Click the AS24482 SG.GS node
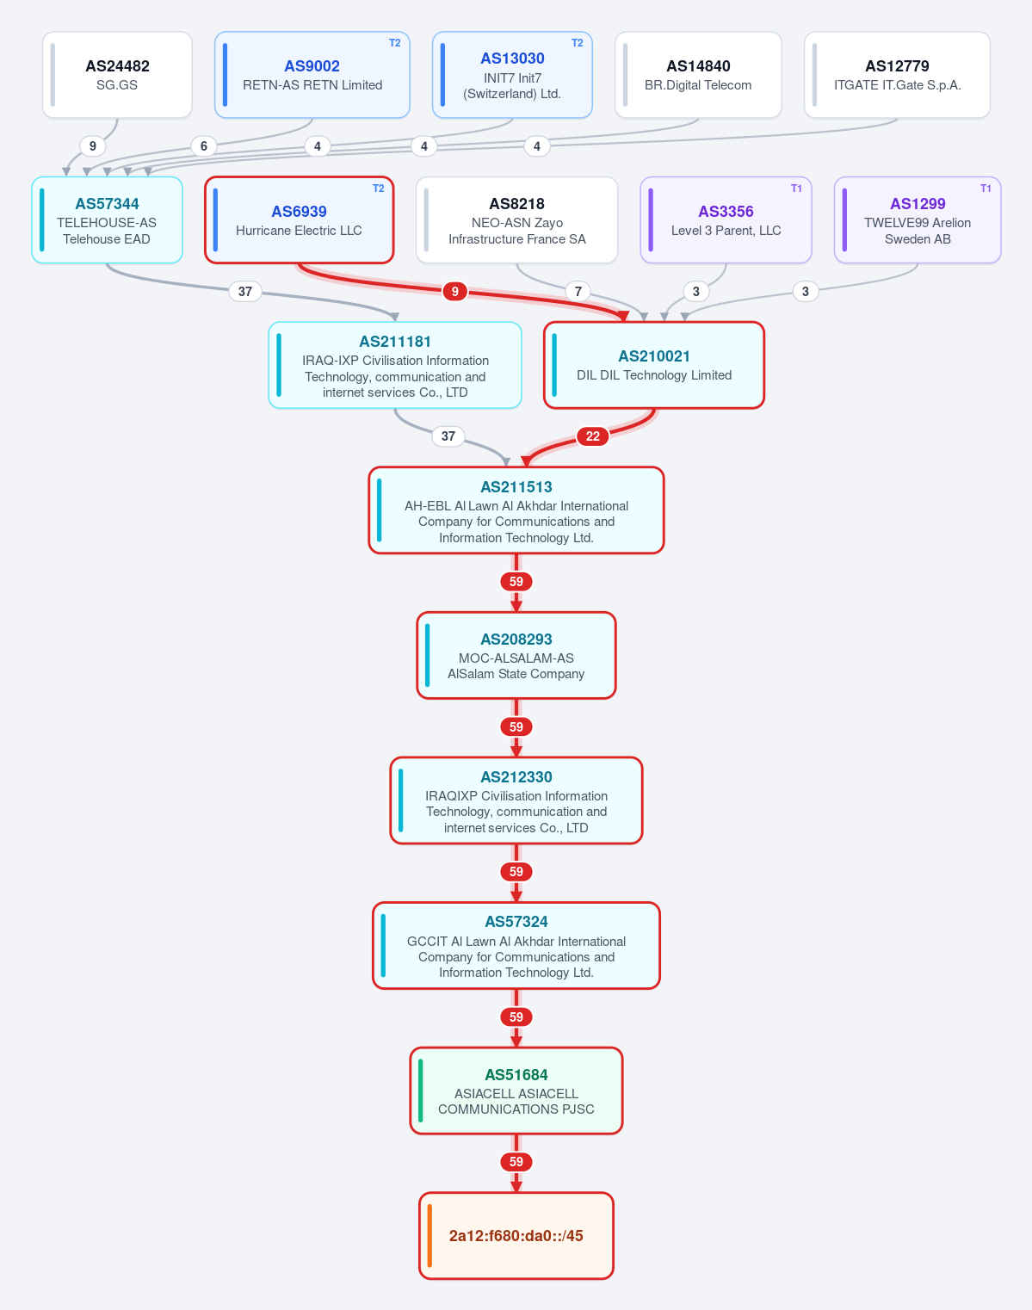117,75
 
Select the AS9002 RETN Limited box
312,75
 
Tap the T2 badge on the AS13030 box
578,43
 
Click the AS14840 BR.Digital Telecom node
698,75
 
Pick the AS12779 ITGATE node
897,75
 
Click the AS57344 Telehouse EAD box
107,219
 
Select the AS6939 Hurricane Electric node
299,219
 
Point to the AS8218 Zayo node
517,219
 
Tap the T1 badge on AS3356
796,188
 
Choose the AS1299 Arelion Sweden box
918,219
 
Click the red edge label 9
454,292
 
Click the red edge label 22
592,436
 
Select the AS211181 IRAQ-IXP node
395,365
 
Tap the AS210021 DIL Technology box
654,365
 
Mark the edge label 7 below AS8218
578,292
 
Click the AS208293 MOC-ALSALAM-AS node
516,656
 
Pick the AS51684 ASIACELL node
516,1091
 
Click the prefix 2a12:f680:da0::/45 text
516,1236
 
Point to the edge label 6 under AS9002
204,146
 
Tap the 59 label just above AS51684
516,1016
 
